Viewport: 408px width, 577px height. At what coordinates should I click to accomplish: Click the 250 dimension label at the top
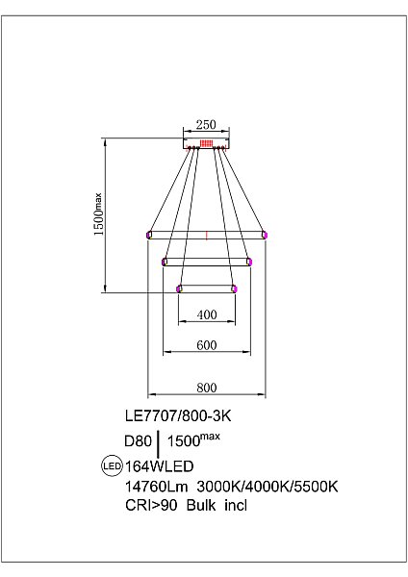click(206, 125)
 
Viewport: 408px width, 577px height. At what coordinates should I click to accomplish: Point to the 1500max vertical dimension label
click(98, 214)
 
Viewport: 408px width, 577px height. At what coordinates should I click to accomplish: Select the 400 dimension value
click(207, 314)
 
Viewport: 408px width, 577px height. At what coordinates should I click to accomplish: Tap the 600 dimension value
click(207, 345)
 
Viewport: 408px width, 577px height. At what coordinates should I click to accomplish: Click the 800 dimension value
click(207, 388)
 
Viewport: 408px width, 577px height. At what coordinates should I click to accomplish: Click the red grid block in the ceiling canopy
click(206, 143)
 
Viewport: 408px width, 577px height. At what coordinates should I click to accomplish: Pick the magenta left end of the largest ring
click(149, 235)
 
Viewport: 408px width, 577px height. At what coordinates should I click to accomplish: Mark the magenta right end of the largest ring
click(265, 235)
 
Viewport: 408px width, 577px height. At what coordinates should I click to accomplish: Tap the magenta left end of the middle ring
click(165, 262)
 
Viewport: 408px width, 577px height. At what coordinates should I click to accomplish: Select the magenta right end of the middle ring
click(249, 262)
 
